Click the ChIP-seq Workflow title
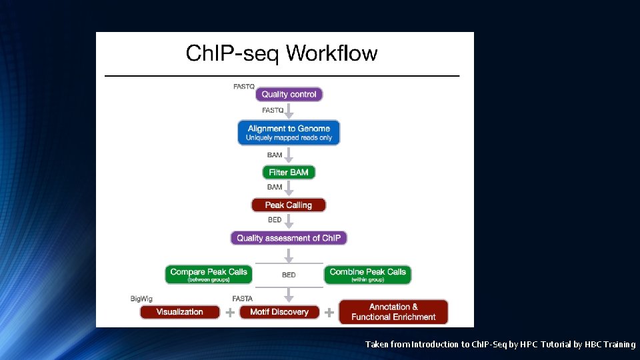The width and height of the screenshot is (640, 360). [281, 53]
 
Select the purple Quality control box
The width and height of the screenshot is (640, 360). [289, 95]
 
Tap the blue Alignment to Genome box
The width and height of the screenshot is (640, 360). [289, 132]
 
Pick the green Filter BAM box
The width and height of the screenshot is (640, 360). [289, 172]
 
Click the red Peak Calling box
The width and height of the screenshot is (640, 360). [289, 205]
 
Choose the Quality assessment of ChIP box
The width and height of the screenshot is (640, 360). [289, 238]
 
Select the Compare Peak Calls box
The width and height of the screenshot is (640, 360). [209, 274]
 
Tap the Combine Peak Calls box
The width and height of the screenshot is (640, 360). [367, 274]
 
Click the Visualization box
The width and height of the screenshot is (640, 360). [179, 311]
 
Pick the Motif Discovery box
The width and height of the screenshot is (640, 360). [279, 311]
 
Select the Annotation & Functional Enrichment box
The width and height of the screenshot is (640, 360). [393, 312]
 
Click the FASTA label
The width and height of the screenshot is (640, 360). [242, 299]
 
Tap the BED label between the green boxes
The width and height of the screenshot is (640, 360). [289, 275]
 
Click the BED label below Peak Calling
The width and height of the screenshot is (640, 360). [275, 220]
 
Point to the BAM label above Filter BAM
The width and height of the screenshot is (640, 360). [275, 155]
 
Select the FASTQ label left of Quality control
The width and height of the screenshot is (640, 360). [243, 87]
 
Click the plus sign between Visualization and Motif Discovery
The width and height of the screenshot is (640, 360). [229, 312]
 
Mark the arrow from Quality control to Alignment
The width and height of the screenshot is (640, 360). [289, 111]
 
